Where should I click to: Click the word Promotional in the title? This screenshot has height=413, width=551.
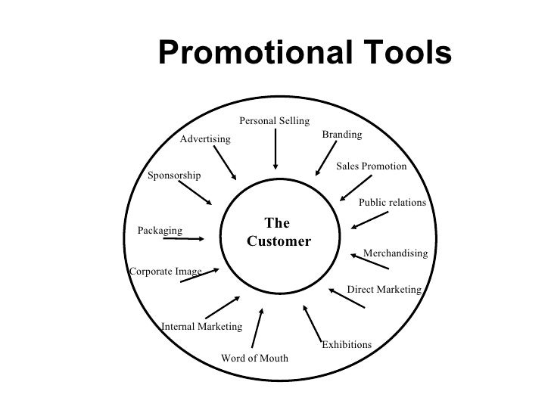pos(245,53)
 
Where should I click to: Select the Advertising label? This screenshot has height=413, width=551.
pos(205,139)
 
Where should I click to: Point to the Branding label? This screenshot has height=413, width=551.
pos(342,134)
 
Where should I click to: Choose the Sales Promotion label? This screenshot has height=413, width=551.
pos(371,166)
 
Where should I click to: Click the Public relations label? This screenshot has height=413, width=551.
pos(392,203)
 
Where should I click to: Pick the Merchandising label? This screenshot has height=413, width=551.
pos(395,253)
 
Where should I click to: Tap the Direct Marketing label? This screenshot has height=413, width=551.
pos(383,289)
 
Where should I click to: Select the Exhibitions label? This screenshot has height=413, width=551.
pos(347,345)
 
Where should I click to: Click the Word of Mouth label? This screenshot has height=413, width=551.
pos(254,358)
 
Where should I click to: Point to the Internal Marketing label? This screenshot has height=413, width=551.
pos(201,327)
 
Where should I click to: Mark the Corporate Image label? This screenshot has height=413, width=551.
pos(166,271)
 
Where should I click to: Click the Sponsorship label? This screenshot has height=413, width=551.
pos(174,175)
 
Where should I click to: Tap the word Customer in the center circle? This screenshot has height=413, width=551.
pos(279,242)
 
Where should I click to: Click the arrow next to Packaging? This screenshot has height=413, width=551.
pos(184,240)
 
